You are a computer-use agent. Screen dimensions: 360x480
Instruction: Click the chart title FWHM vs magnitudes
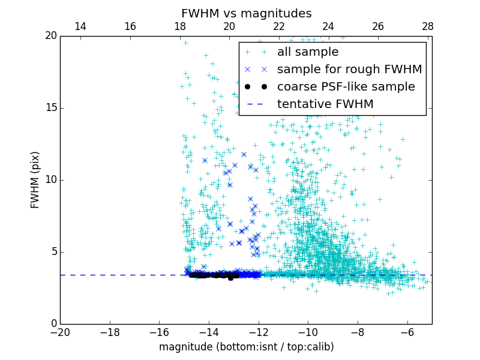(246, 13)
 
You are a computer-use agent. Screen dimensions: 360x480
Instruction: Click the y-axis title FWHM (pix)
(35, 179)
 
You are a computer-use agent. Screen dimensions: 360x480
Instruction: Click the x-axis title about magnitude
(246, 347)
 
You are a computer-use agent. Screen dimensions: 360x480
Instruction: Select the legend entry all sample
(307, 52)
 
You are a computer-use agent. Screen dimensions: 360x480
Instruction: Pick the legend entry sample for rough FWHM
(349, 70)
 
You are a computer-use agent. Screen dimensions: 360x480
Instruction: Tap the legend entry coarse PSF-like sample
(346, 87)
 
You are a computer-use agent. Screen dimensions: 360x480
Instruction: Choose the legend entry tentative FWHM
(325, 104)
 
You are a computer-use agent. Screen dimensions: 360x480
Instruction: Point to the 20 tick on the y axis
(50, 36)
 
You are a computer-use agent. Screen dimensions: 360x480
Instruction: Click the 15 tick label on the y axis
(50, 108)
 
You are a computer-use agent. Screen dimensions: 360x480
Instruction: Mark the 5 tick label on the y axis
(53, 252)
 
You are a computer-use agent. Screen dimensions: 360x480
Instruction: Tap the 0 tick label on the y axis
(53, 324)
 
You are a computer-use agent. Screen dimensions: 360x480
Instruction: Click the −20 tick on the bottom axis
(60, 332)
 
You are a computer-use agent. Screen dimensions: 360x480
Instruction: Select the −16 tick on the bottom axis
(159, 332)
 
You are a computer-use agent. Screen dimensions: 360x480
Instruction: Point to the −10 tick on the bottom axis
(308, 332)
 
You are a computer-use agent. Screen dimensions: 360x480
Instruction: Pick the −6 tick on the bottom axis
(407, 332)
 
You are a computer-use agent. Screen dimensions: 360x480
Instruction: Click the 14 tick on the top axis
(80, 26)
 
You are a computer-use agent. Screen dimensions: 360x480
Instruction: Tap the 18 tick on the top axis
(179, 26)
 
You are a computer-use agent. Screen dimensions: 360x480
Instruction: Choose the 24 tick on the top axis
(328, 26)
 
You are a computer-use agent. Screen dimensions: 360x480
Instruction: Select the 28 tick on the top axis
(427, 26)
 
